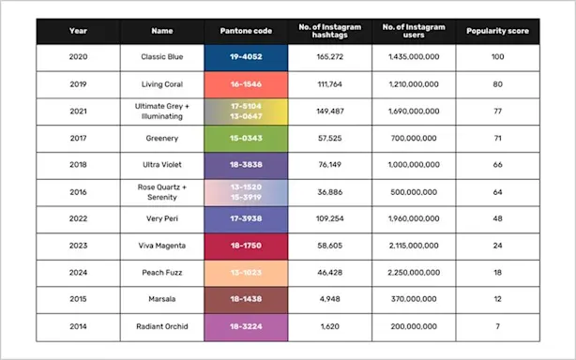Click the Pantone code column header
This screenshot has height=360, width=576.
pyautogui.click(x=246, y=30)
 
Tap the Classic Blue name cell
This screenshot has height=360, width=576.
pyautogui.click(x=147, y=57)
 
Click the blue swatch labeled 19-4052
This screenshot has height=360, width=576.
pyautogui.click(x=246, y=57)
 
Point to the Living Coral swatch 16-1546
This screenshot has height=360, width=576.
pyautogui.click(x=246, y=84)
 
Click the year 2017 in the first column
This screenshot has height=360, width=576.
pyautogui.click(x=77, y=139)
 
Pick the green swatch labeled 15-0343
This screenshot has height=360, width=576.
pyautogui.click(x=246, y=139)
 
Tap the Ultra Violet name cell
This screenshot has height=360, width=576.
pyautogui.click(x=147, y=166)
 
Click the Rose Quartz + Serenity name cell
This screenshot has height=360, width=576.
pyautogui.click(x=147, y=192)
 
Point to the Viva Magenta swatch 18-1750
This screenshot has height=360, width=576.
pyautogui.click(x=246, y=247)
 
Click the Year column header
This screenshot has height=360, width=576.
pyautogui.click(x=77, y=30)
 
